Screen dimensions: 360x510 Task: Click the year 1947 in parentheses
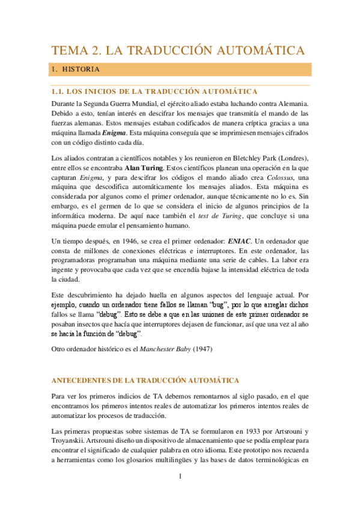(201, 349)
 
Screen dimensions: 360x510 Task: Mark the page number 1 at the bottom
(179, 479)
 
